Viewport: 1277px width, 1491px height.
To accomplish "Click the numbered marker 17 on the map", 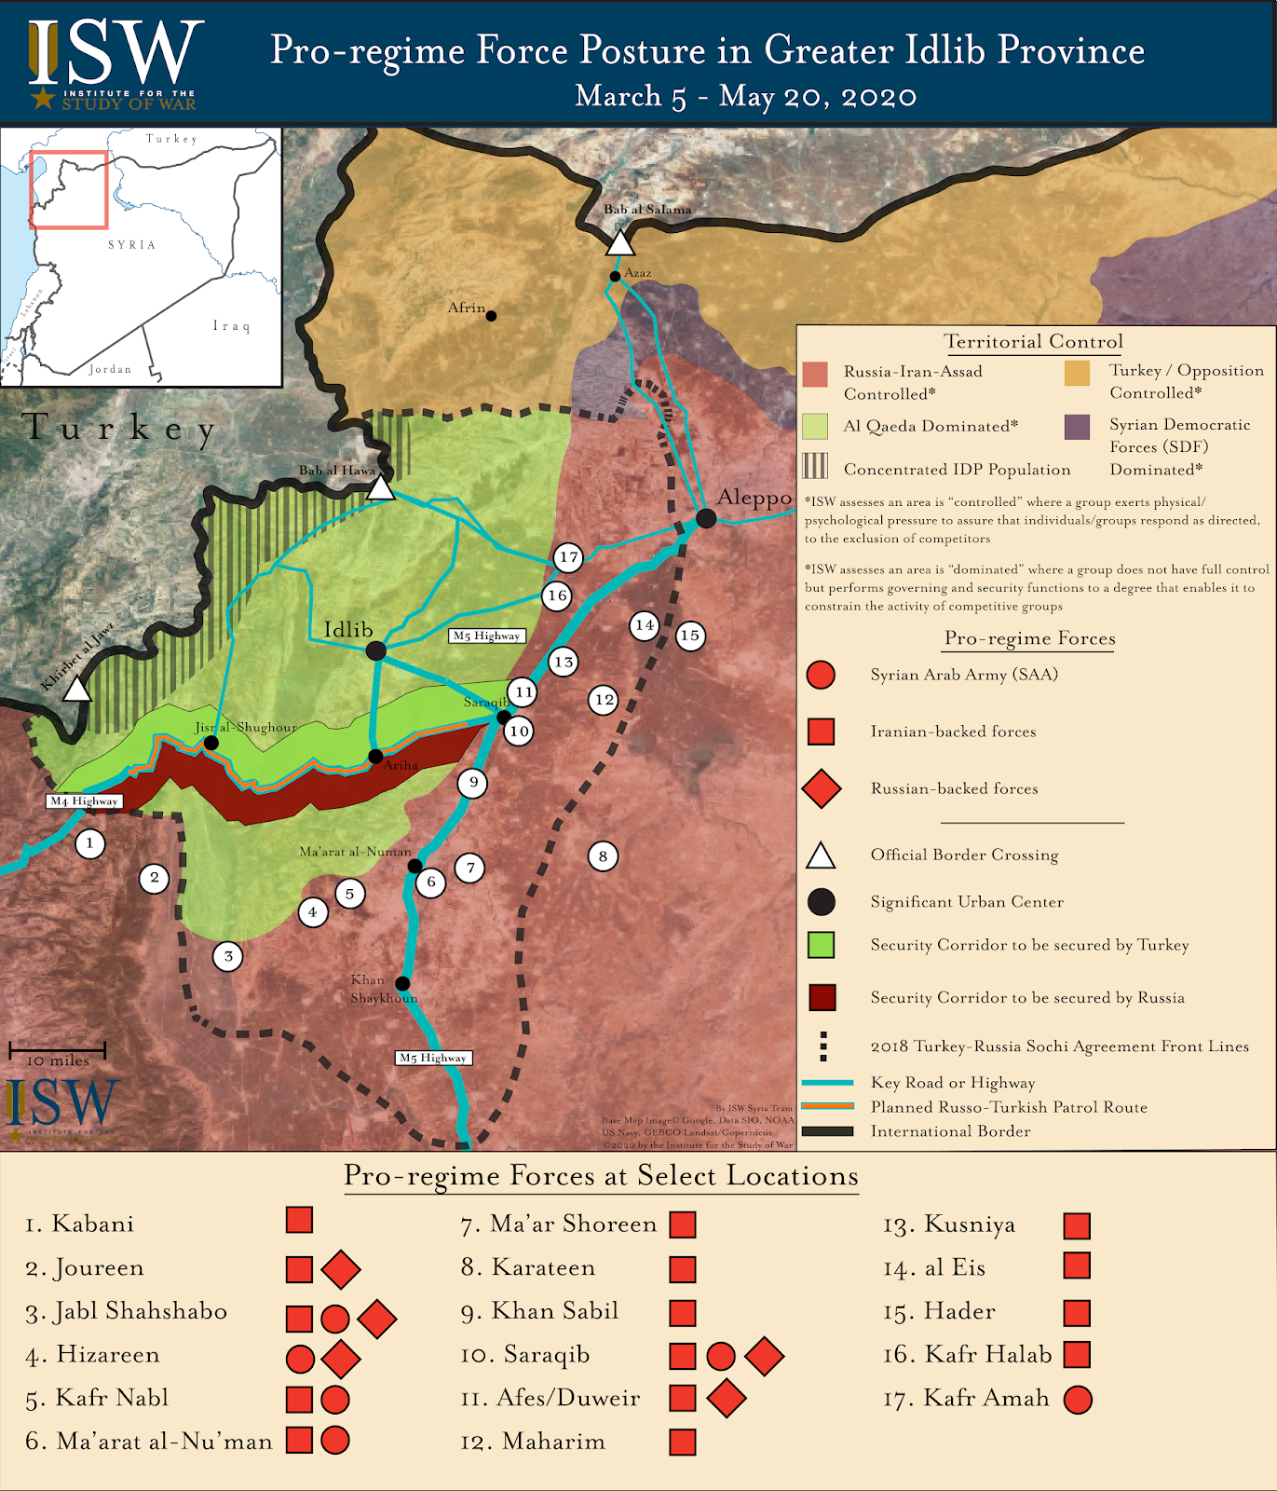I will click(x=568, y=557).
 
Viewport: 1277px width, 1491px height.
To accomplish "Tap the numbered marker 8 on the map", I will click(x=603, y=856).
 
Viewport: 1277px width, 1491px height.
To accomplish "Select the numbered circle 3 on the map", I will click(x=228, y=956).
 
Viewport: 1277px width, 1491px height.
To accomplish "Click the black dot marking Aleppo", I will click(x=706, y=518).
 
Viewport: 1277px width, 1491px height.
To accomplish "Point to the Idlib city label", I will click(x=347, y=630).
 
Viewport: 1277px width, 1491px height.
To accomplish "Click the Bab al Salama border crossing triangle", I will click(x=620, y=243).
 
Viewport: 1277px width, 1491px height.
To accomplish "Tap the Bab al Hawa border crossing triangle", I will click(x=380, y=488).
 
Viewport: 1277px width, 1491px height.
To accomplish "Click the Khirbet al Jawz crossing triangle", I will click(x=77, y=690).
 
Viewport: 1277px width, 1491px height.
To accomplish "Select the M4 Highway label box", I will click(x=85, y=801).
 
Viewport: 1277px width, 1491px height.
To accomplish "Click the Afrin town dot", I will click(x=491, y=316).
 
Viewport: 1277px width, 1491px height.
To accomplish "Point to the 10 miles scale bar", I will click(x=57, y=1050).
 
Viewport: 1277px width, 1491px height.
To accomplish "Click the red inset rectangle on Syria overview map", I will click(x=69, y=189).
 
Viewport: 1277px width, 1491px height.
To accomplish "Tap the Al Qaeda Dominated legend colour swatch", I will click(x=815, y=427).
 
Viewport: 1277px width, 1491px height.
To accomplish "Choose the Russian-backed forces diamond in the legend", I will click(x=821, y=788).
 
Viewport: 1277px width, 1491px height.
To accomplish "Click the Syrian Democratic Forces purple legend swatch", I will click(x=1077, y=427).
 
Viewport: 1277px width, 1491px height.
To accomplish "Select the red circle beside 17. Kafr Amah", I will click(x=1078, y=1399).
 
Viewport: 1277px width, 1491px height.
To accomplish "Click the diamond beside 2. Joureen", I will click(x=340, y=1269).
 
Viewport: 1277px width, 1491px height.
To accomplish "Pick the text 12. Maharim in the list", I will click(x=533, y=1442).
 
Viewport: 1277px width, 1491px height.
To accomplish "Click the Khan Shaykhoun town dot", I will click(x=402, y=983).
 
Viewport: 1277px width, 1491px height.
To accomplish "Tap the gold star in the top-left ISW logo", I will click(x=43, y=97).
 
